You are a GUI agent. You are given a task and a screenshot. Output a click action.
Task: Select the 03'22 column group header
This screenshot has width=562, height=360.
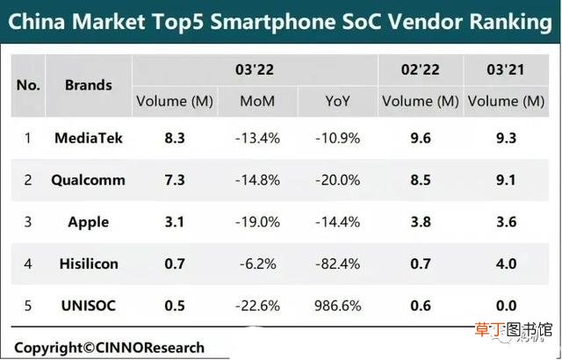[255, 69]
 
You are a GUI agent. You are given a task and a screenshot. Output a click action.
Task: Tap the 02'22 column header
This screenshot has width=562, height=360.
[420, 69]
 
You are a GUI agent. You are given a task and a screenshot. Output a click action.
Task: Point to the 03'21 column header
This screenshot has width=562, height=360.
[506, 69]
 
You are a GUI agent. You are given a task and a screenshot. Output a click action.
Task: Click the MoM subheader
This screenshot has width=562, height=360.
[257, 101]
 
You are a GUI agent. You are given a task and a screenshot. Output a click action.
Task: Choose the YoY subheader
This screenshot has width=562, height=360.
[337, 101]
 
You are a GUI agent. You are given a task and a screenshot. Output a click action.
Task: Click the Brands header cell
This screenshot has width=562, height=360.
[88, 85]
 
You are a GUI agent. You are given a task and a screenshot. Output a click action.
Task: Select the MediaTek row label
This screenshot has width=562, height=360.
[88, 138]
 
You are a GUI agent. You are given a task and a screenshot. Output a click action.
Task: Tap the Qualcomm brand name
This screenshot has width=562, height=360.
[88, 180]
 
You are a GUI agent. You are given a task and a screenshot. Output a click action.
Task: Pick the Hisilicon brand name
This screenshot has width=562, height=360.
[89, 264]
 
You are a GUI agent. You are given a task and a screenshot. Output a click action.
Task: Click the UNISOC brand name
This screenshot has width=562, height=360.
[88, 306]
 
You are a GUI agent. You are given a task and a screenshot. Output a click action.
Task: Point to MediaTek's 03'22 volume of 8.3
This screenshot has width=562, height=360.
[175, 138]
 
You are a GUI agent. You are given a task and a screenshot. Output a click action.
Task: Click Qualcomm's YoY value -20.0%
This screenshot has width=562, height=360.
[337, 180]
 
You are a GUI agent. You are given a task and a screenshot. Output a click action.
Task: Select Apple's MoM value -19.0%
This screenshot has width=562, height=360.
[257, 222]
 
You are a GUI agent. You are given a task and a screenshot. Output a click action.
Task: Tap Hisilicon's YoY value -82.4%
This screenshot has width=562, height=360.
[337, 264]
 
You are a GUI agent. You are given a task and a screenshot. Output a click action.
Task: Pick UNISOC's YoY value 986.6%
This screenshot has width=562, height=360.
[337, 306]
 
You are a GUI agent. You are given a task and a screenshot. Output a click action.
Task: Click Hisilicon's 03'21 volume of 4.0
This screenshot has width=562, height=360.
[506, 264]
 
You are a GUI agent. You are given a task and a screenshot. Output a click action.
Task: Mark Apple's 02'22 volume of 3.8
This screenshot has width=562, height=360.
[421, 222]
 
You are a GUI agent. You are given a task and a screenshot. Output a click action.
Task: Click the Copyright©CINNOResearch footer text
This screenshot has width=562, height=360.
[109, 348]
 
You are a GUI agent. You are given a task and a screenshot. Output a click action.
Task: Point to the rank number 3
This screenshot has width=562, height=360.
[28, 222]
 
